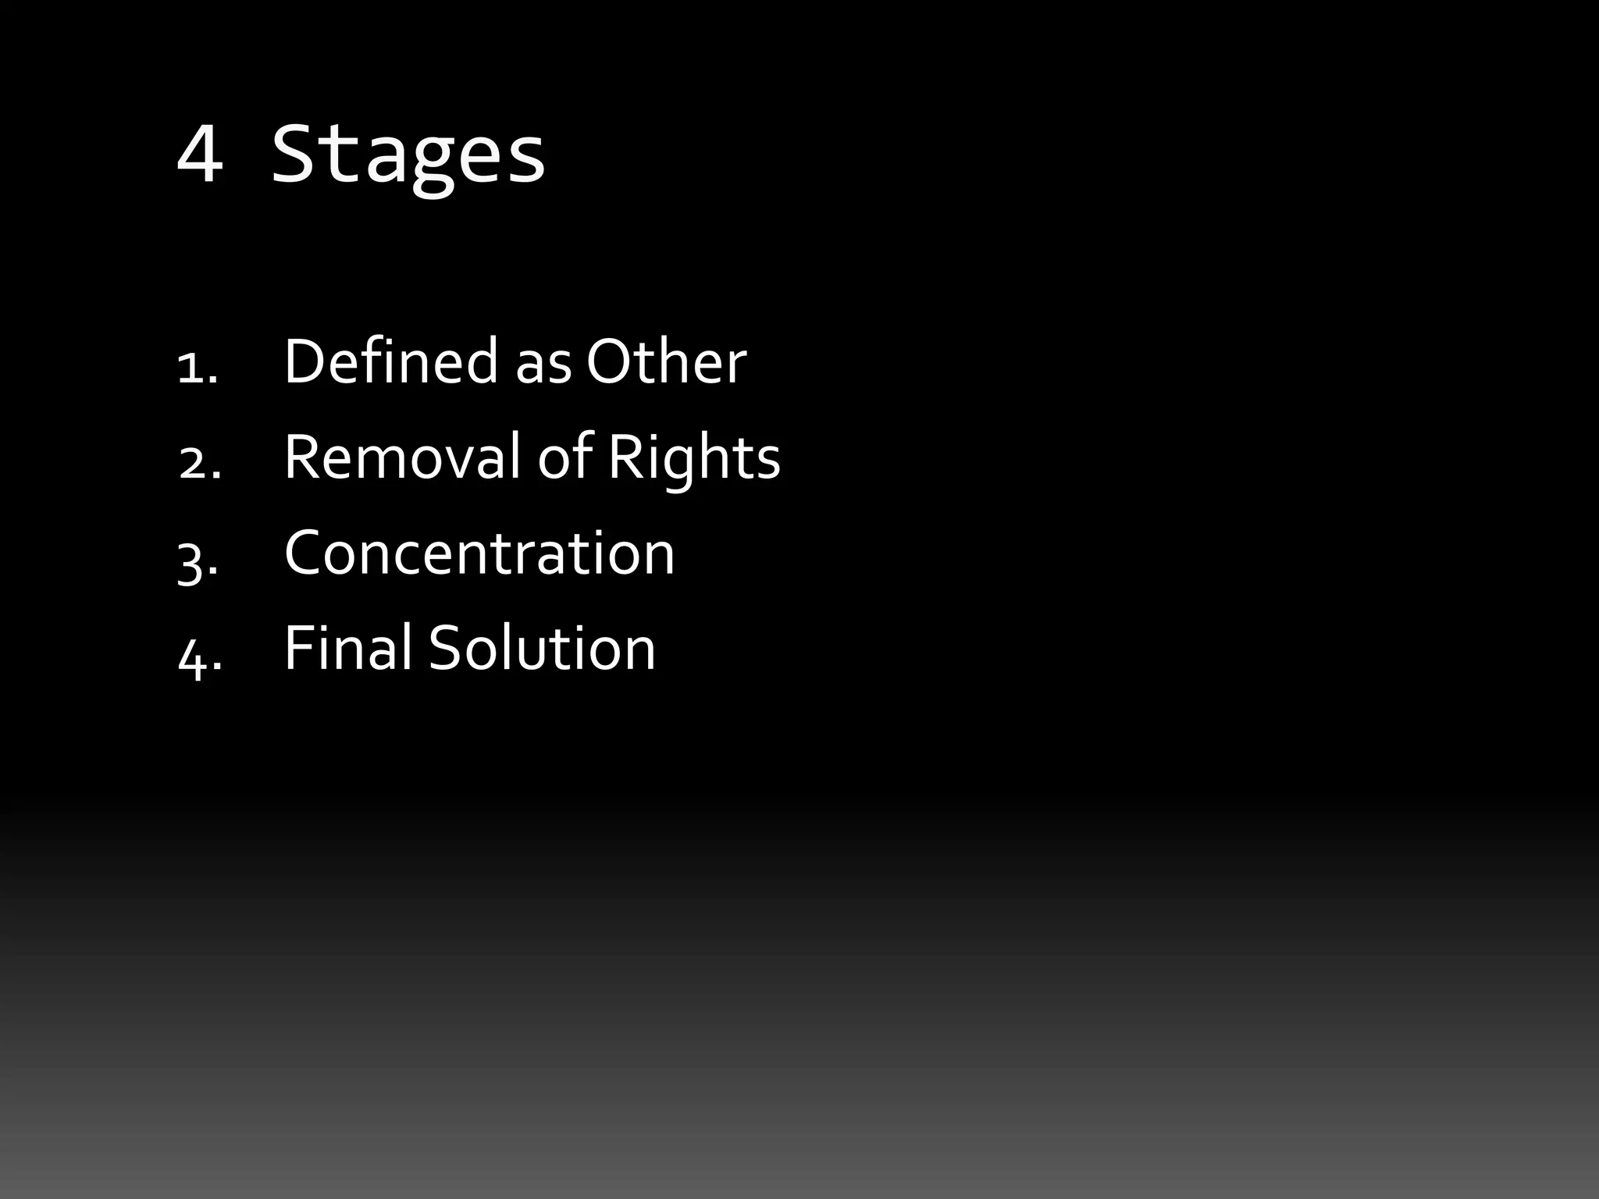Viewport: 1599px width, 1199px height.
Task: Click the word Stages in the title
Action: coord(408,156)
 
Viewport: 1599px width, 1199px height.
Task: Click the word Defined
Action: coord(390,361)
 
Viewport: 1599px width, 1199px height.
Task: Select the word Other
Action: coord(666,361)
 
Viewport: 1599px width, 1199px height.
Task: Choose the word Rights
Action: coord(693,459)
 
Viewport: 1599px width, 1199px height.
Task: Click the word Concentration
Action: coord(479,553)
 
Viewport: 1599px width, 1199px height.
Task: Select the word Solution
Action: coord(542,648)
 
